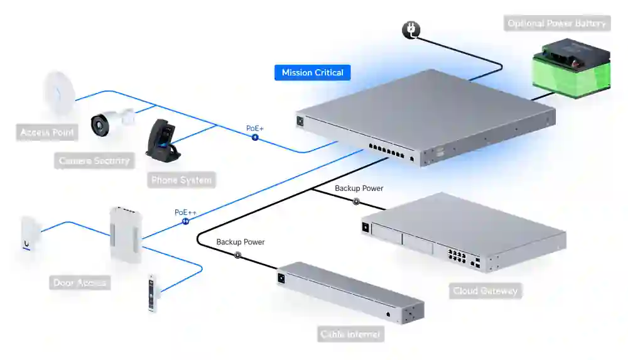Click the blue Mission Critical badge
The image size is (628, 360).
coord(312,73)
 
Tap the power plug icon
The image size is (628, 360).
coord(410,30)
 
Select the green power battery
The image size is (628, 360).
coord(571,67)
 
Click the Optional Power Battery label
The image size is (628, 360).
coord(556,24)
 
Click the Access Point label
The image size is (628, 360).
coord(47,133)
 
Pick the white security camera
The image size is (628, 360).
coord(109,122)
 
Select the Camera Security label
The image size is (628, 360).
coord(94,161)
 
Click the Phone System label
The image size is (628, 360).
coord(181,180)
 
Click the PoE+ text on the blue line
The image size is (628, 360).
coord(255,128)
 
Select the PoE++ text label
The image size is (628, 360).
coord(185,212)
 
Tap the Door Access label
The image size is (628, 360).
coord(79,283)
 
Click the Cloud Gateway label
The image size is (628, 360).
coord(485,291)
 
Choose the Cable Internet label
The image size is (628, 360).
coord(350,334)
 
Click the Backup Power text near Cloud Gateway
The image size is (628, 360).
coord(359,188)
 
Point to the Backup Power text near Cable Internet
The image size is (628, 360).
coord(241,242)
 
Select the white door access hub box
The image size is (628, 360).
coord(126,234)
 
